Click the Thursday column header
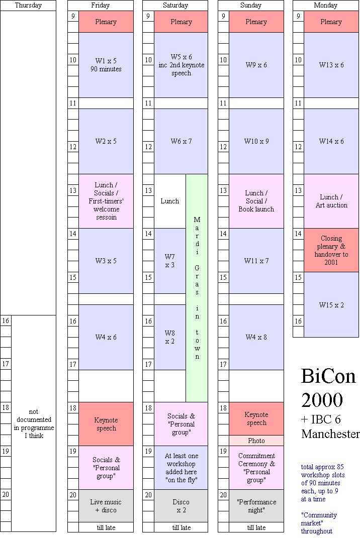pos(28,6)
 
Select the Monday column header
pos(325,6)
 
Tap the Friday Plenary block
pos(106,22)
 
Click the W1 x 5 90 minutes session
pos(106,65)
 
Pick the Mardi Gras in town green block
pos(197,288)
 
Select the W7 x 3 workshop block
pos(170,261)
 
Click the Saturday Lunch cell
pos(170,201)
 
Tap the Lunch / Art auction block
pos(331,201)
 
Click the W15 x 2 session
pos(331,304)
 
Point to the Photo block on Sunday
pos(256,441)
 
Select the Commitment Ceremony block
pos(256,468)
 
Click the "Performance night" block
pos(256,506)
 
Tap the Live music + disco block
pos(106,506)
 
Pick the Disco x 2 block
pos(181,506)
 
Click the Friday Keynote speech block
pos(106,424)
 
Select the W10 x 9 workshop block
pos(256,141)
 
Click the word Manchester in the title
pos(330,434)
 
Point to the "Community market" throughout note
pos(319,523)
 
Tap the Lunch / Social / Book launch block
pos(256,201)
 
